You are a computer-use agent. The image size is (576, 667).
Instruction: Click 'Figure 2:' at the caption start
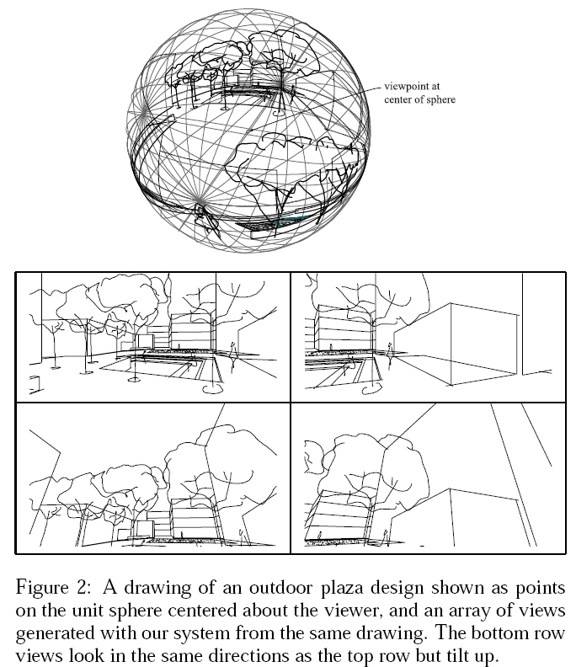click(x=53, y=589)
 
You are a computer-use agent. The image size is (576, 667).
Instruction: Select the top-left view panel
click(x=153, y=337)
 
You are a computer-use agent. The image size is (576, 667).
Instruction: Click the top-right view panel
click(x=428, y=337)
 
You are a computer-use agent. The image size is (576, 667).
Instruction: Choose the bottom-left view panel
click(x=153, y=478)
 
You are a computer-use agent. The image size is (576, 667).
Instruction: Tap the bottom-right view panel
click(x=428, y=478)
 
